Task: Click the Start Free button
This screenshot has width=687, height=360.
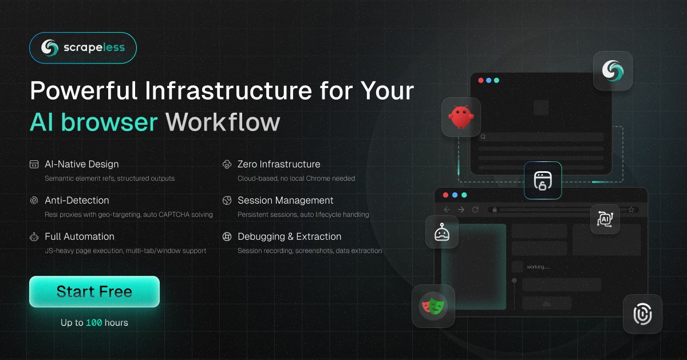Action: tap(94, 291)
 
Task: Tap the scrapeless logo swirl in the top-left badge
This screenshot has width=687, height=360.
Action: tap(50, 48)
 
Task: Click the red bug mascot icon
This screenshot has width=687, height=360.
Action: tap(461, 117)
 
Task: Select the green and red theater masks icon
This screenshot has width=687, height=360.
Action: tap(433, 306)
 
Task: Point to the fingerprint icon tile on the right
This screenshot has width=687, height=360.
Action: tap(642, 314)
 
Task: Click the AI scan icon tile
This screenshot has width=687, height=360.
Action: tap(605, 219)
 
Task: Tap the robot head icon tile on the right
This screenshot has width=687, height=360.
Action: tap(442, 232)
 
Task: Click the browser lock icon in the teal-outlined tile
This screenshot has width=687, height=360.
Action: tap(543, 181)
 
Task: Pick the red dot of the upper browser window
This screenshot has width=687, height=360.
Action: tap(481, 80)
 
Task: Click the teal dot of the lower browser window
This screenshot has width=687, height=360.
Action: tap(464, 195)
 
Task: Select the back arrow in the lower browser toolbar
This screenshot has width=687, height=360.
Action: tap(447, 209)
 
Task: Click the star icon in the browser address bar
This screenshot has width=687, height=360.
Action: tap(631, 209)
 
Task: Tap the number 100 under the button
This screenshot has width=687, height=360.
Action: tap(94, 323)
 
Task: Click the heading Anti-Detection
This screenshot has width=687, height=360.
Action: tap(77, 200)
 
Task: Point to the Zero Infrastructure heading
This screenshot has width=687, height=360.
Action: tap(279, 164)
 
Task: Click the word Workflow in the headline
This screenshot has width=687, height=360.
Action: tap(223, 122)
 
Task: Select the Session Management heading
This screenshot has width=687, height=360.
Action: tap(286, 200)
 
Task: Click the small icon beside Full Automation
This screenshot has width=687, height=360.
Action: tap(34, 237)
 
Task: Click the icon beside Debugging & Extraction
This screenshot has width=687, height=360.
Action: tap(227, 237)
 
